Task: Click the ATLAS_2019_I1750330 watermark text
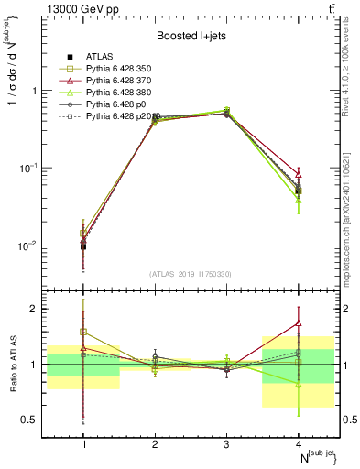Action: point(191,274)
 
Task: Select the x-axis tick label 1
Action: point(83,443)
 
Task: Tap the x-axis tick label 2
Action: point(155,443)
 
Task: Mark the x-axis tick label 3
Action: point(226,443)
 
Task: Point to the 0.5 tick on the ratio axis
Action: point(37,420)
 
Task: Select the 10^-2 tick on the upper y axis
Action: point(33,245)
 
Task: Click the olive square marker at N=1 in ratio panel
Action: point(83,332)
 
